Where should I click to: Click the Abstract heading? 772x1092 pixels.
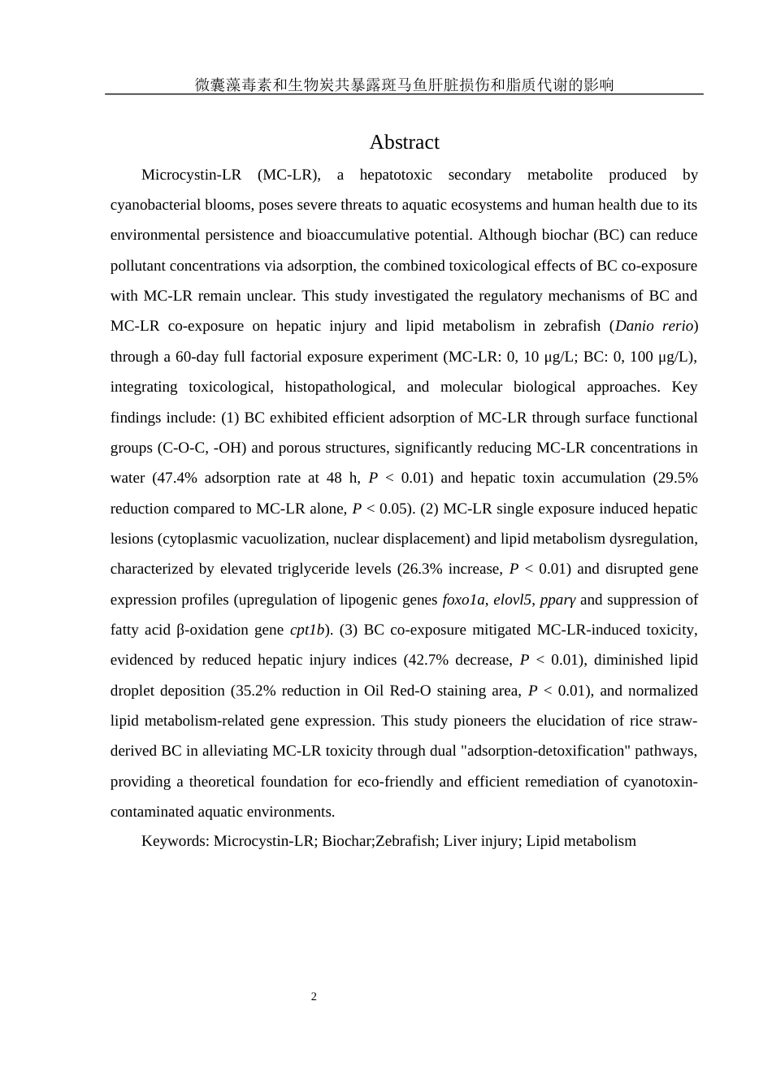tap(404, 142)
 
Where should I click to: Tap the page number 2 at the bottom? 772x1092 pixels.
tap(314, 997)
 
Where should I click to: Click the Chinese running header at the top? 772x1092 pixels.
tap(404, 84)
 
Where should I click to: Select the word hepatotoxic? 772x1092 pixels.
tap(396, 175)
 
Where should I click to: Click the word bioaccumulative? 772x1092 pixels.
tap(355, 235)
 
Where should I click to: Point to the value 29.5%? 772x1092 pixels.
tap(676, 478)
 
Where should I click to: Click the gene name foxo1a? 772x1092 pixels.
tap(463, 600)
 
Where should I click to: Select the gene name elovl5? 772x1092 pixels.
tap(512, 600)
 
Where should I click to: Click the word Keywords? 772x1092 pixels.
tap(174, 841)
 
